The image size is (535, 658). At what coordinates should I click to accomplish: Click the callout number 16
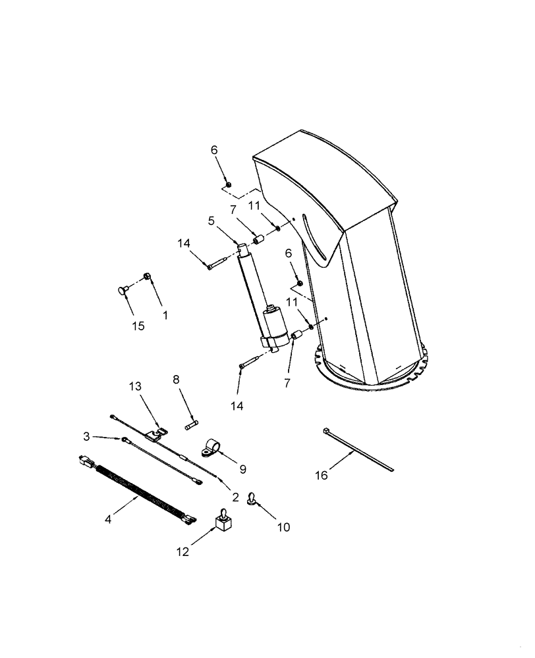click(321, 475)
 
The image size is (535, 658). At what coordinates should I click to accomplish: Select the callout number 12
click(183, 552)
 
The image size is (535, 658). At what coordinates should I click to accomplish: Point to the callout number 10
click(283, 526)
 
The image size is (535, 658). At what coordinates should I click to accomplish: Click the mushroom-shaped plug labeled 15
click(123, 290)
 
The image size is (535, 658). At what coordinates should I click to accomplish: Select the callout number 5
click(211, 221)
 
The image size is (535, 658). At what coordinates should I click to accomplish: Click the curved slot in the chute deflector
click(316, 238)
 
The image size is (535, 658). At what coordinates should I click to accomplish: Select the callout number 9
click(242, 469)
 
